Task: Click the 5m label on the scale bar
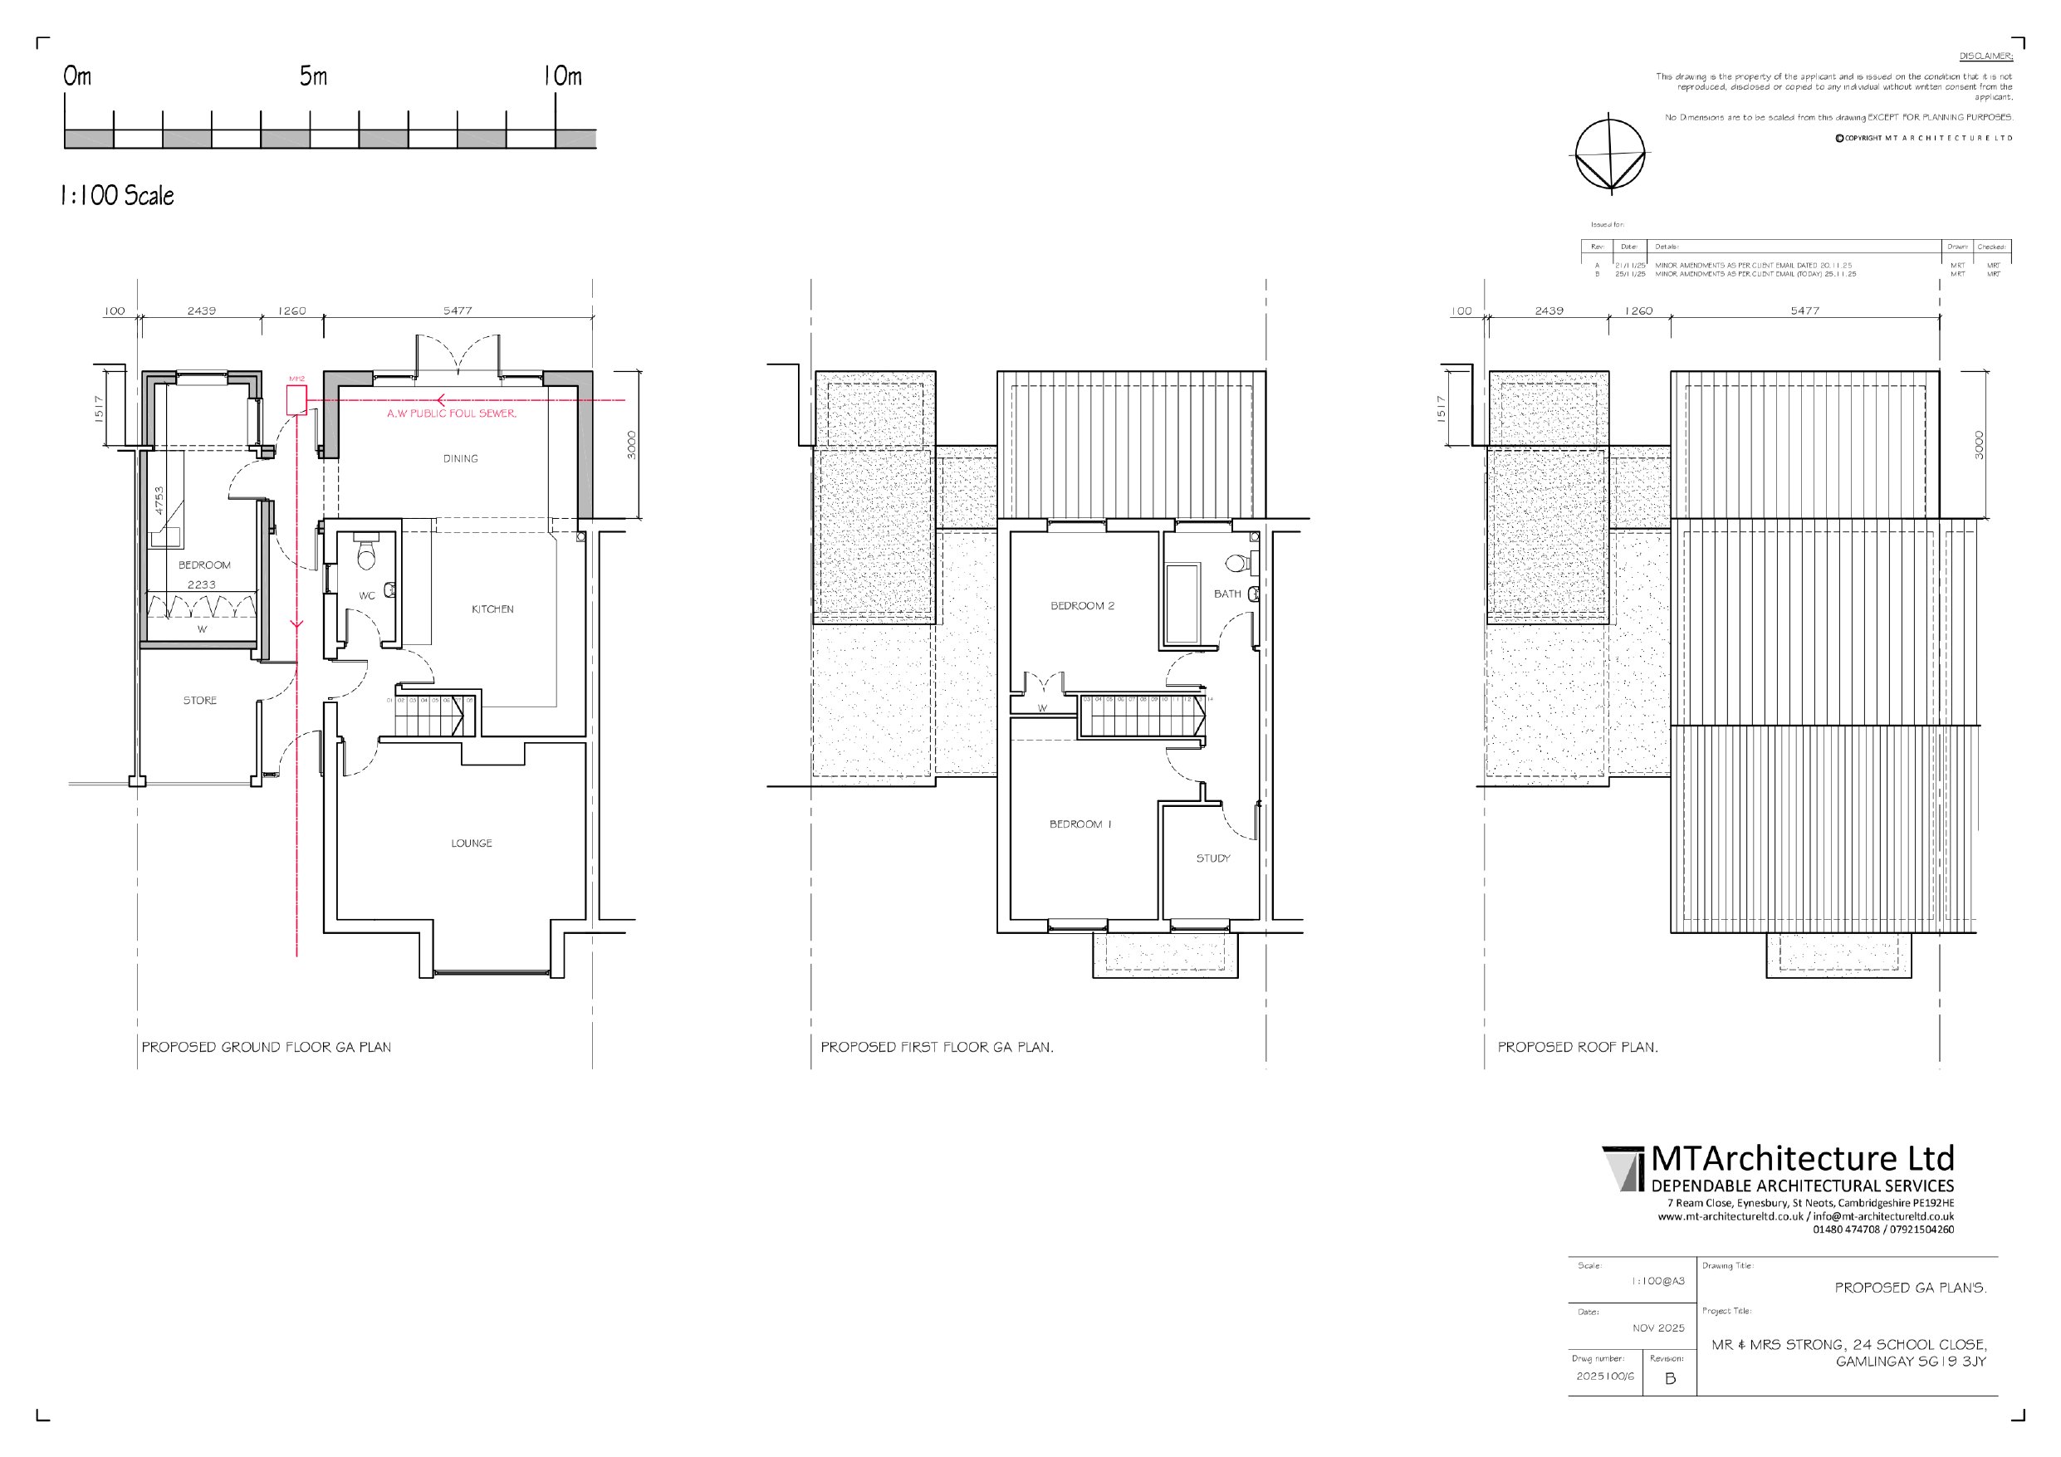(313, 76)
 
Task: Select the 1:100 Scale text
(117, 196)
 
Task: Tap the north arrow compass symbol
(1610, 154)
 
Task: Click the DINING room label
(461, 459)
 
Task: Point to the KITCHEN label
(492, 609)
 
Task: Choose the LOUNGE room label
(472, 843)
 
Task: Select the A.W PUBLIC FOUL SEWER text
(452, 413)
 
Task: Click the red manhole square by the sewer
(296, 399)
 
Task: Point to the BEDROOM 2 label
(1083, 606)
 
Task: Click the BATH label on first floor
(1227, 594)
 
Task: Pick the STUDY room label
(1212, 859)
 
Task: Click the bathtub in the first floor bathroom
(1182, 604)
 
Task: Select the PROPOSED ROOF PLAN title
(1577, 1048)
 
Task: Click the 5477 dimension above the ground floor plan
(457, 310)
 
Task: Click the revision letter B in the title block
(1670, 1379)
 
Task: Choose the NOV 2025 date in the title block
(1658, 1328)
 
